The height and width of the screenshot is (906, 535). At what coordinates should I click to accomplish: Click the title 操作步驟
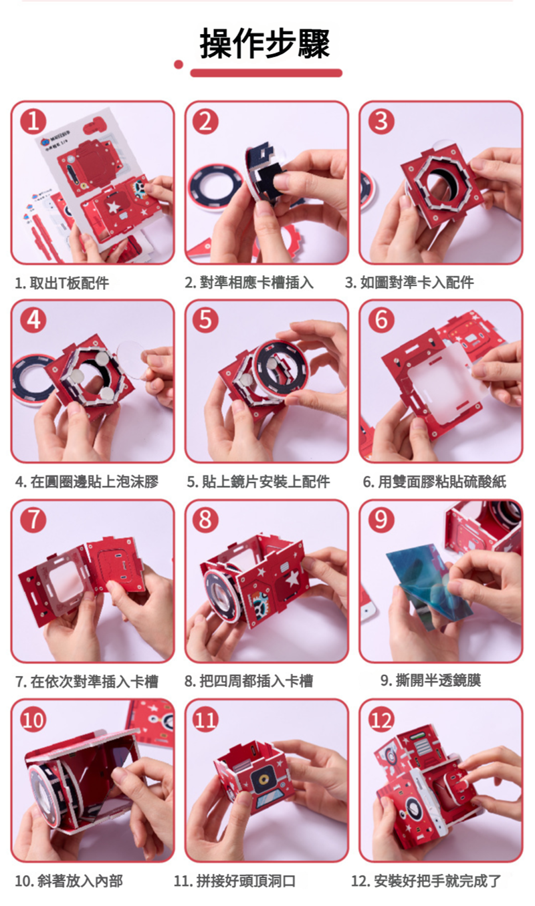tap(265, 43)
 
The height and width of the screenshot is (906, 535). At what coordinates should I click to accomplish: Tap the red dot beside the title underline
tap(179, 64)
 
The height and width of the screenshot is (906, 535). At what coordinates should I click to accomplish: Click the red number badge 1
tap(33, 122)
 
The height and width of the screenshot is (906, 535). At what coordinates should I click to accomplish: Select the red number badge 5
tap(205, 320)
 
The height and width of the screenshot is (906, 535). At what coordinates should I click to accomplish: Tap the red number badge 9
tap(381, 520)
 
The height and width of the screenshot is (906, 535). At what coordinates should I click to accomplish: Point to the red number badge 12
tap(381, 720)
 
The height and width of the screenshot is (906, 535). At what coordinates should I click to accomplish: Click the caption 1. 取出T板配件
tap(62, 283)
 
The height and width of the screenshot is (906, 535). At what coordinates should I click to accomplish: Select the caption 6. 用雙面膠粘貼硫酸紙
tap(434, 482)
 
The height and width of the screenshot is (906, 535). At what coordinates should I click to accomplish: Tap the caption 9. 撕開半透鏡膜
tap(431, 681)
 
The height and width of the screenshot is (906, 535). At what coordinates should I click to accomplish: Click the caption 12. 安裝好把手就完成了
tap(426, 881)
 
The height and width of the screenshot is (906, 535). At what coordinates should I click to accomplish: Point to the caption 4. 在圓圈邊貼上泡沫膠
tap(87, 482)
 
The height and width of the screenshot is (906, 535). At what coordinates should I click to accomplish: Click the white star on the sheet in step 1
tap(114, 208)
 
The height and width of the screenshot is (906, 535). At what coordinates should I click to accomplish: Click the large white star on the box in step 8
tap(292, 579)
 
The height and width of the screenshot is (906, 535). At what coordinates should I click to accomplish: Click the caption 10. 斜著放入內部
tap(69, 881)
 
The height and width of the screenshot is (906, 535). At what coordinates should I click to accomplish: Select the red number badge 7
tap(33, 520)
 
